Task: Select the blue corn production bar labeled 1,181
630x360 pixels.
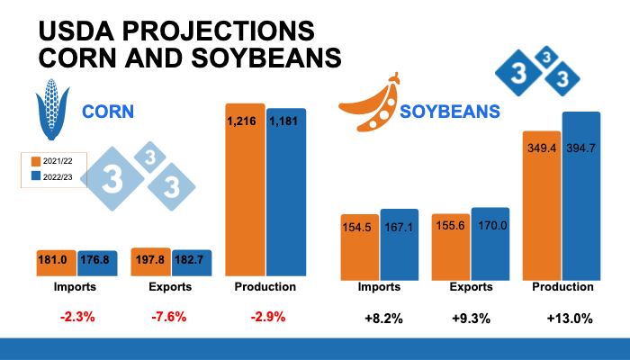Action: pyautogui.click(x=287, y=191)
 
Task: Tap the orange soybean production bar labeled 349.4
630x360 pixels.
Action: pyautogui.click(x=542, y=202)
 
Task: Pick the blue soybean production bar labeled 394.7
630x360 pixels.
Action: pyautogui.click(x=581, y=193)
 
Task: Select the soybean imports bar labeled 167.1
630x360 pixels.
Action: pyautogui.click(x=399, y=243)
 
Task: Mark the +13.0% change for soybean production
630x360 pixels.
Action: pyautogui.click(x=569, y=318)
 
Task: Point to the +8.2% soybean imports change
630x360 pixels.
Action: pyautogui.click(x=377, y=318)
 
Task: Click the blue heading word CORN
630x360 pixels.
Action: pyautogui.click(x=108, y=112)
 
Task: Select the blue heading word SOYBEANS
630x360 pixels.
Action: pyautogui.click(x=450, y=112)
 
